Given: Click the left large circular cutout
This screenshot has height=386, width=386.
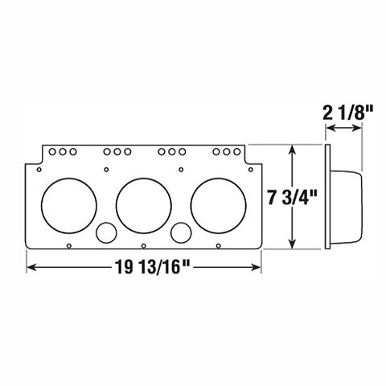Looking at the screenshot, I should [66, 202].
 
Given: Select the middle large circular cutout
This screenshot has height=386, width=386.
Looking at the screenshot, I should [142, 202].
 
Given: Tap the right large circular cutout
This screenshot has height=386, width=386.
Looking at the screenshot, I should [217, 202].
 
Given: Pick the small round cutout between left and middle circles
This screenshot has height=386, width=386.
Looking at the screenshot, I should [105, 233].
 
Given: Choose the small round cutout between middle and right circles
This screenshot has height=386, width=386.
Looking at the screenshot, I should [180, 233].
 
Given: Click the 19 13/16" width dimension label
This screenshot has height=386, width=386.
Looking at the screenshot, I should [145, 268].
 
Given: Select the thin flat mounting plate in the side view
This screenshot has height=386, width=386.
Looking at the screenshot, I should [326, 197].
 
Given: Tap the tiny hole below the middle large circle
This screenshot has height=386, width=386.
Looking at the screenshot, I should [142, 245].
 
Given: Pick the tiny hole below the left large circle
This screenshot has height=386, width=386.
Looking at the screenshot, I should [70, 245].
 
